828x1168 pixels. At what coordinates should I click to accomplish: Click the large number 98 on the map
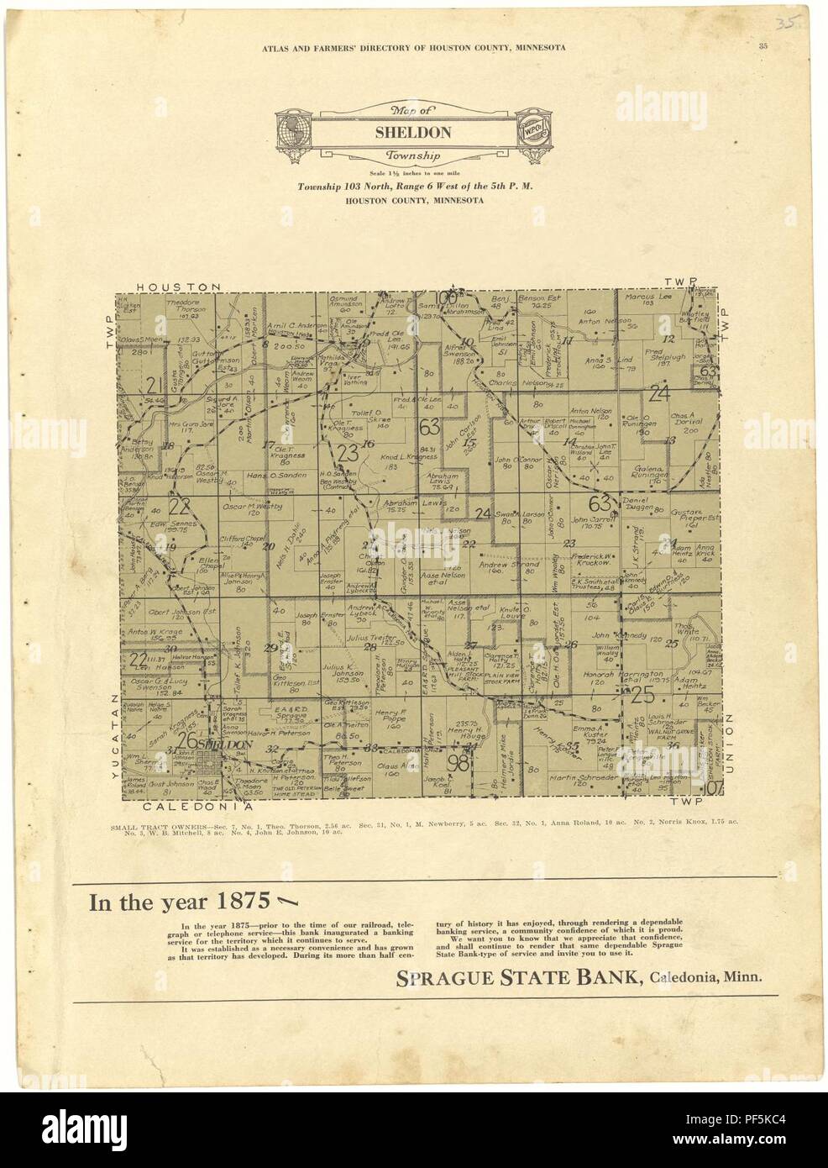[x=458, y=762]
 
